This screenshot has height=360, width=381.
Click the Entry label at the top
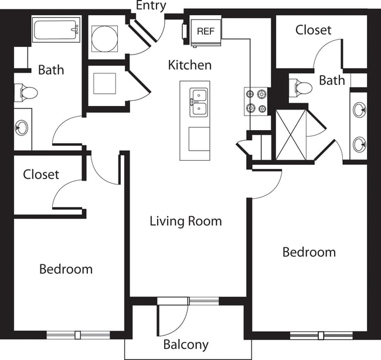click(151, 6)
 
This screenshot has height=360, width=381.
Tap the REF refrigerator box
click(205, 31)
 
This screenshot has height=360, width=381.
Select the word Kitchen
click(189, 64)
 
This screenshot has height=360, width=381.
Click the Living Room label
click(185, 221)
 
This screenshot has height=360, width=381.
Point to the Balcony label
click(185, 345)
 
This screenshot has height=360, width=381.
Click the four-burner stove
click(256, 100)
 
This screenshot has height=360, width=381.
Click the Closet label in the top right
click(313, 30)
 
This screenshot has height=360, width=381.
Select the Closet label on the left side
click(41, 174)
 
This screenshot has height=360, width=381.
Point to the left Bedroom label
click(66, 269)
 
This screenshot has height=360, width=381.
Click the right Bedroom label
click(309, 252)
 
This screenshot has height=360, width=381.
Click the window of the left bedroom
click(78, 335)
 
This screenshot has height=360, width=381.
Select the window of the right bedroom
click(321, 336)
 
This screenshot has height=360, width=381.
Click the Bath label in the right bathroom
click(332, 80)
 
